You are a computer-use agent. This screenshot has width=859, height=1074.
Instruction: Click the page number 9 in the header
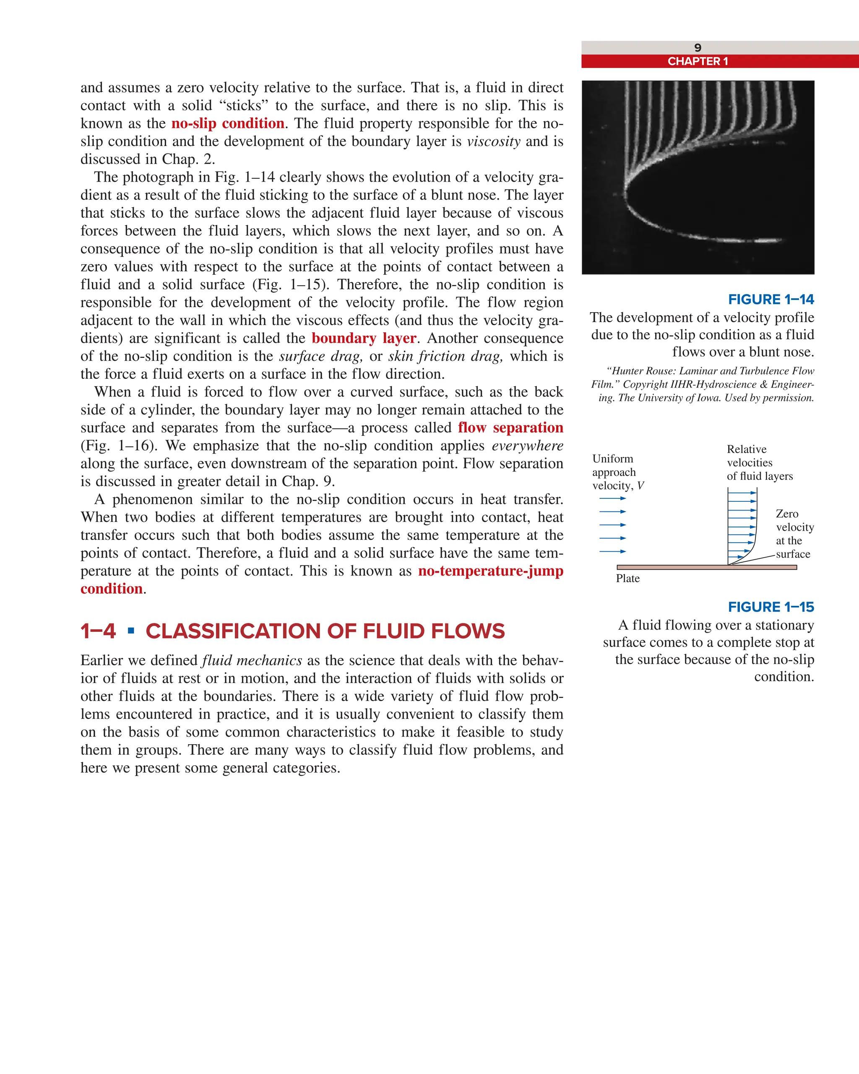[x=697, y=48]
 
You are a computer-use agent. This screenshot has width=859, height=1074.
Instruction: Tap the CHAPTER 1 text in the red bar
[x=697, y=61]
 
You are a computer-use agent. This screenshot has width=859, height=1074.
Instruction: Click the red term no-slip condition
[x=228, y=123]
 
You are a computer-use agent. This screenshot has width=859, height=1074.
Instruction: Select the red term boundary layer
[x=364, y=338]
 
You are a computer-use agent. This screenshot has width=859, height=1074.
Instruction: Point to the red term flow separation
[x=510, y=428]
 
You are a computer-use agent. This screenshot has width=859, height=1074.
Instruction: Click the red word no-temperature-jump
[x=490, y=571]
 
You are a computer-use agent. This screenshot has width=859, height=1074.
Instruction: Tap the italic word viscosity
[x=493, y=141]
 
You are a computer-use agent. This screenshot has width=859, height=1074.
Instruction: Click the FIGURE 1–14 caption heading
[x=770, y=300]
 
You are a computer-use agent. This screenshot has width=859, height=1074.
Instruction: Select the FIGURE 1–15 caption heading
[x=770, y=607]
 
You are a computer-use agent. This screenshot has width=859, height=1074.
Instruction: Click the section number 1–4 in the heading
[x=98, y=631]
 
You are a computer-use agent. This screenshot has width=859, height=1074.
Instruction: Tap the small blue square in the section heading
[x=131, y=631]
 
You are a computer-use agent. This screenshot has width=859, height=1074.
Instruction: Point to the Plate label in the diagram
[x=627, y=579]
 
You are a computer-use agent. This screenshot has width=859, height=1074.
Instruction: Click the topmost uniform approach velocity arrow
[x=612, y=498]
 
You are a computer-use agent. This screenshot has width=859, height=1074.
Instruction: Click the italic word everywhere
[x=527, y=446]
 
